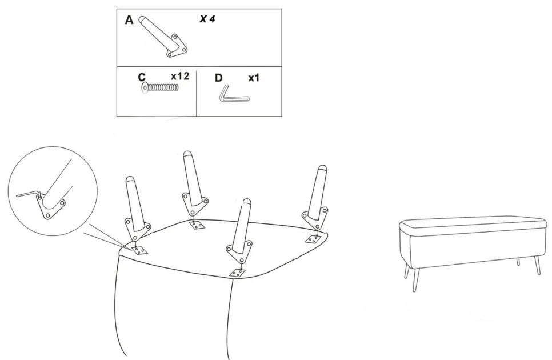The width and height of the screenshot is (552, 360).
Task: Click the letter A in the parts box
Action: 129,21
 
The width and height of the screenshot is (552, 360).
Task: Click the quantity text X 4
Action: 207,19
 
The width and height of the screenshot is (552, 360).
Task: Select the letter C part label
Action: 142,77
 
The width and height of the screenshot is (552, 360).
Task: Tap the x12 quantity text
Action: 180,77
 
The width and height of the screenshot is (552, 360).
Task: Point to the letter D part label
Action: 219,78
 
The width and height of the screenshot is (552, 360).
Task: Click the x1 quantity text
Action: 254,78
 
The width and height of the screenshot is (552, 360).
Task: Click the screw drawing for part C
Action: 159,87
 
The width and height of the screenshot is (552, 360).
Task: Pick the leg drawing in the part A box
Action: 162,36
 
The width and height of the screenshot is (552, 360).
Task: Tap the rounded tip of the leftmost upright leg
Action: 130,179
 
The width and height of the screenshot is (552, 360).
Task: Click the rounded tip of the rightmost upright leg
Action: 322,168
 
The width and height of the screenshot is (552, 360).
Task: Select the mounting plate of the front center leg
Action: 239,252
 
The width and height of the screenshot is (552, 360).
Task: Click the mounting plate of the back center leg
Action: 194,203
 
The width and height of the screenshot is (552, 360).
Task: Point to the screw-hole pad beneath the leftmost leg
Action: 140,250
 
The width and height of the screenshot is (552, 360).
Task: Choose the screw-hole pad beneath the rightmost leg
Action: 313,239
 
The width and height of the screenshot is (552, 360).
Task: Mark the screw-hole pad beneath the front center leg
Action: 237,273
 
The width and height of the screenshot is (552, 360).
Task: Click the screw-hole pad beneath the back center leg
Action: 197,225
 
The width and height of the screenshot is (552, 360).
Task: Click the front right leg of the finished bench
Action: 537,265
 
